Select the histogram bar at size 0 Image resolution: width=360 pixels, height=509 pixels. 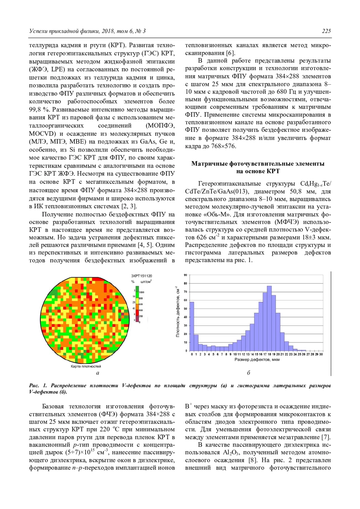tap(192, 326)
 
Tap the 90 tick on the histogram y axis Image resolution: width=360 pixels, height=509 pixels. tap(185, 275)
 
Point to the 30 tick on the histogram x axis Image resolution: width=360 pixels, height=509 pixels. tap(321, 354)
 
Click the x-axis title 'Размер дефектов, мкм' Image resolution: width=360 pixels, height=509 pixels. tap(257, 360)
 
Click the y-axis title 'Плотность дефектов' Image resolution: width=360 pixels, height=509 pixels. tap(178, 312)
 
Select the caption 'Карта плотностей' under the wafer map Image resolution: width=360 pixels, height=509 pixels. tap(86, 366)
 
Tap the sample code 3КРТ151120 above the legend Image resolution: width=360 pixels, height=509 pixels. tap(142, 276)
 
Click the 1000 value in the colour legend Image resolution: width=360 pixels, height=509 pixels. tap(141, 292)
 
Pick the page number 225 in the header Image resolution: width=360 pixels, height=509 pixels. tap(326, 31)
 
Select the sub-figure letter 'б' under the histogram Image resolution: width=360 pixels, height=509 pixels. tap(248, 373)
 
